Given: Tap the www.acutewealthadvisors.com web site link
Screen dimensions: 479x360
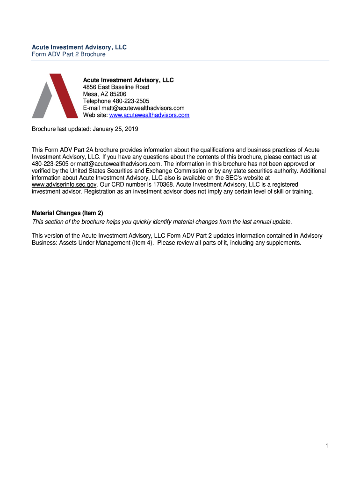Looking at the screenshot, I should (149, 115).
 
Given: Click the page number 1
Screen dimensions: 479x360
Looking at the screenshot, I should (328, 446).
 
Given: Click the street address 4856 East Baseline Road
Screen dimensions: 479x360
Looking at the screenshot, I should (116, 87).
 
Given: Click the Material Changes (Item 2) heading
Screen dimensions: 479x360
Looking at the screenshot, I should (67, 213).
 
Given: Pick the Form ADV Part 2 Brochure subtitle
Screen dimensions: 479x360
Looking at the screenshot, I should (68, 54).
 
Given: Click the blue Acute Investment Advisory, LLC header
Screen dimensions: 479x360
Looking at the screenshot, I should (79, 47).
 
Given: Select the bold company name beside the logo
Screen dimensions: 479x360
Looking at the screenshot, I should (128, 80).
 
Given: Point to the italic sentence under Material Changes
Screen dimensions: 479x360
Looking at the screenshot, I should (161, 221).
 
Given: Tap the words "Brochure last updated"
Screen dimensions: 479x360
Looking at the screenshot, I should (58, 129).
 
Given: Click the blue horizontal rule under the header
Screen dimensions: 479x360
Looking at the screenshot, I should (180, 60).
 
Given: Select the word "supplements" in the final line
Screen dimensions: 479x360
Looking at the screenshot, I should (284, 243).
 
